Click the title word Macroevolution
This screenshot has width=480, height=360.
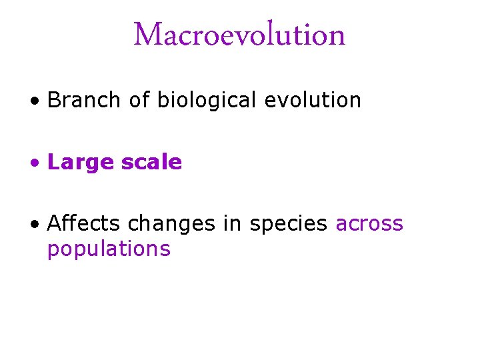[239, 35]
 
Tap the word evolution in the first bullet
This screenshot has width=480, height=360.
[313, 100]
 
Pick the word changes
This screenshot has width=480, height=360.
[172, 223]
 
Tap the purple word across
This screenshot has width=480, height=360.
[369, 223]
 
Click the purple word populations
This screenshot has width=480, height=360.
[109, 249]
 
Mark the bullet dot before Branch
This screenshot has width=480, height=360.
[33, 101]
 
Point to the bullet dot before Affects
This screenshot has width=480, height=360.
[33, 225]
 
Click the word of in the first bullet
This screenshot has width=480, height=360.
[139, 100]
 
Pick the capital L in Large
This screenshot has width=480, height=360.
[53, 162]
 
